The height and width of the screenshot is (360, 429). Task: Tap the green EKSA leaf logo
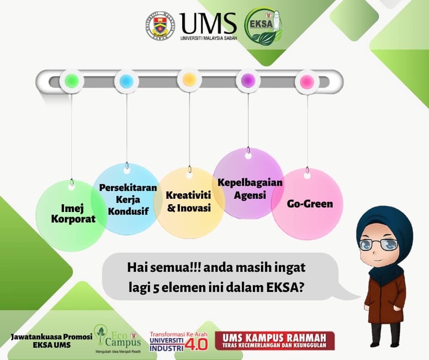point(263,26)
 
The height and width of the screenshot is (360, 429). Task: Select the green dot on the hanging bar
point(72,81)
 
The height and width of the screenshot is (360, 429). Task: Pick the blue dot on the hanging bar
point(126,81)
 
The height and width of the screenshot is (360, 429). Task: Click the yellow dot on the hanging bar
point(189,80)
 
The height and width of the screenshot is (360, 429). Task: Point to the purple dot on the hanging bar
point(248,80)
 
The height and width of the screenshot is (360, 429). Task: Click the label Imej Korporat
point(73,214)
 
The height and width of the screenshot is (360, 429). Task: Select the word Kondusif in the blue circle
point(128,211)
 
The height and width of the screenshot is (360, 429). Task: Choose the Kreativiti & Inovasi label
point(188,201)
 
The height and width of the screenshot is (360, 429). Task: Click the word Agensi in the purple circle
point(250,196)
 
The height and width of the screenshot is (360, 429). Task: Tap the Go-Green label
point(310,204)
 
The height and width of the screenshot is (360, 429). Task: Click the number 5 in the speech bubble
point(156,288)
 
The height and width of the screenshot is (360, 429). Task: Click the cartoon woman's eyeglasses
point(379,244)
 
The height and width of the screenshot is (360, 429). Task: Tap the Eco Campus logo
point(117,339)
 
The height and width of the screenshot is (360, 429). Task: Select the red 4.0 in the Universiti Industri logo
point(196,344)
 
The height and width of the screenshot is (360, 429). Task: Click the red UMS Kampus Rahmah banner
point(275,340)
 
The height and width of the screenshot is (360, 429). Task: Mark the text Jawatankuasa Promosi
point(52,337)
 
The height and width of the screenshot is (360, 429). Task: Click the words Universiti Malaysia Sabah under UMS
point(209,38)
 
